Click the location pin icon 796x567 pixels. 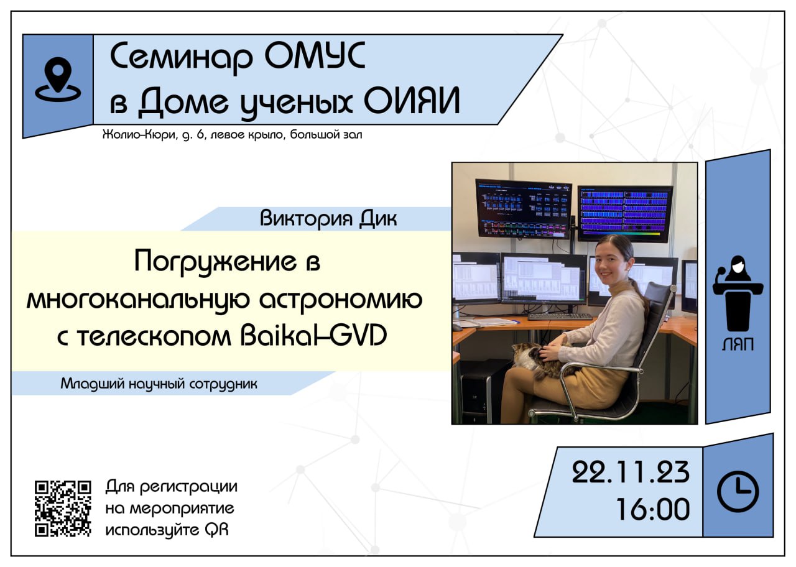pos(58,80)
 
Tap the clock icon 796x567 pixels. pos(738,492)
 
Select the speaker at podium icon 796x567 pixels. pos(738,293)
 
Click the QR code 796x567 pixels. pos(63,509)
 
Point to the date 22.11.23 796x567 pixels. pos(631,472)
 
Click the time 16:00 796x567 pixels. pos(653,509)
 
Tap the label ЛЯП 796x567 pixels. pos(738,344)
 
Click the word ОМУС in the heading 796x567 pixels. pos(315,56)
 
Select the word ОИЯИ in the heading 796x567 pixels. pos(412,101)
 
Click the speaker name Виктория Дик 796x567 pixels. pos(328,218)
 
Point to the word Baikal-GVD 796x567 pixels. pos(313,335)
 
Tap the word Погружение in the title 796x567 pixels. pos(215,263)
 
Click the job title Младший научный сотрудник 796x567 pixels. pos(159,384)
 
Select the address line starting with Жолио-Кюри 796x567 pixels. pos(233,135)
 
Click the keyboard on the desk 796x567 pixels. pos(560,316)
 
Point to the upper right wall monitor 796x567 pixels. pos(625,214)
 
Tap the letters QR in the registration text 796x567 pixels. pos(216,530)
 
